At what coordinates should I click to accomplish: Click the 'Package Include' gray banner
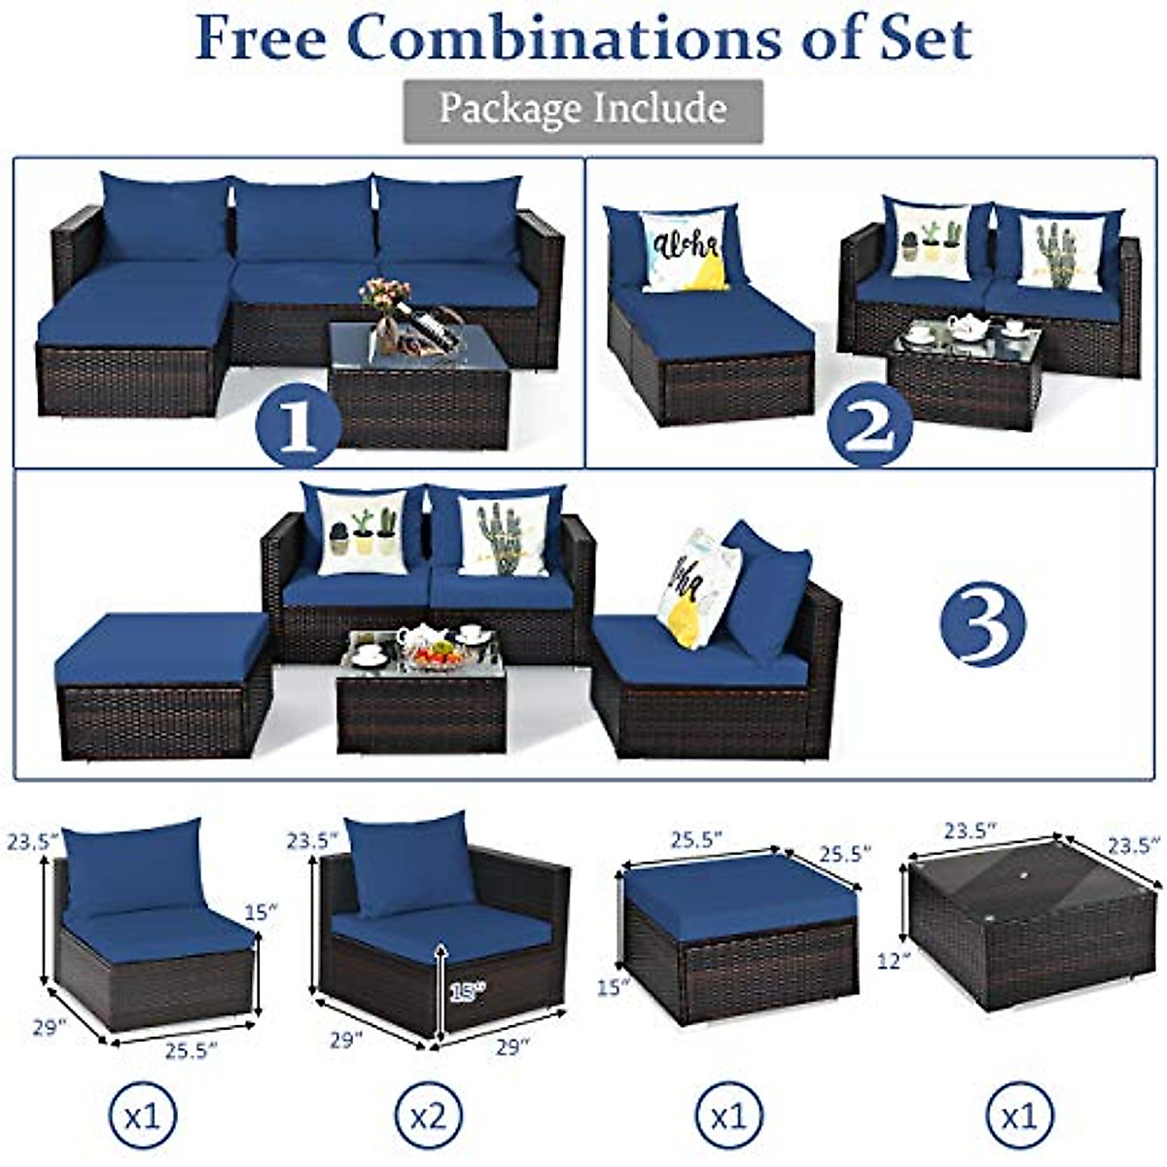(583, 110)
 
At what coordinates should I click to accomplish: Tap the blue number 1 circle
(298, 424)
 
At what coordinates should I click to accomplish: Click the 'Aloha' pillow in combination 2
(684, 250)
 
